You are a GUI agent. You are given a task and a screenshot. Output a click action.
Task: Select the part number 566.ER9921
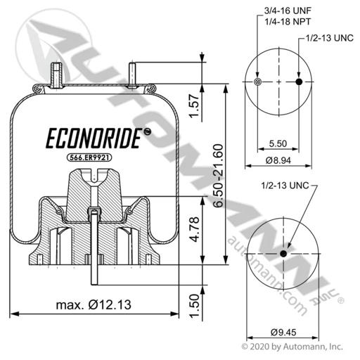[89, 157]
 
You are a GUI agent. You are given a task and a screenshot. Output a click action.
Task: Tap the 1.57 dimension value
[194, 105]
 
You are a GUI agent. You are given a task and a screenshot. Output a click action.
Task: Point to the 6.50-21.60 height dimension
[218, 176]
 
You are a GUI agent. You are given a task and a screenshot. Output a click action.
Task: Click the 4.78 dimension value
[195, 229]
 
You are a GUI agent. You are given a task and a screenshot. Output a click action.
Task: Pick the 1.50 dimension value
[194, 306]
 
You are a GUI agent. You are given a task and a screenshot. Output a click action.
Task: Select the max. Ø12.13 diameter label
[94, 305]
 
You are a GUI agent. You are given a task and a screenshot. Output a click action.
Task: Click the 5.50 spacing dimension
[278, 143]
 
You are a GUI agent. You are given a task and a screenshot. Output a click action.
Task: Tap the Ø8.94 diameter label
[278, 160]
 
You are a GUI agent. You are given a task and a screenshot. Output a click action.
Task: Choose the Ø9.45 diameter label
[283, 332]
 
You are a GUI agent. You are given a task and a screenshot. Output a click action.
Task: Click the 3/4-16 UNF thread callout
[288, 11]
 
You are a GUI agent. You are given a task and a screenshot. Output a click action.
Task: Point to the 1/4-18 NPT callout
[288, 22]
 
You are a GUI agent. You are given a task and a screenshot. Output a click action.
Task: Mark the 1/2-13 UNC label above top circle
[330, 38]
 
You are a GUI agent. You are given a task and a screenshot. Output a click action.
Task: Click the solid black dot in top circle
[299, 82]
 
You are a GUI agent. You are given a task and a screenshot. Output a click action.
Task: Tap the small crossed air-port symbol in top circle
[257, 82]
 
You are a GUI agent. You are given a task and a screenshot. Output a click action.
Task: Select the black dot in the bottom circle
[283, 254]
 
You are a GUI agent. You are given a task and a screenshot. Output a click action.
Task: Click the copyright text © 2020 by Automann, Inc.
[292, 347]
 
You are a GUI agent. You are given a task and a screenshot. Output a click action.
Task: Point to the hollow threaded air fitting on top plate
[56, 75]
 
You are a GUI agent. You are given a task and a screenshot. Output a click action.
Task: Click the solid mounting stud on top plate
[132, 75]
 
